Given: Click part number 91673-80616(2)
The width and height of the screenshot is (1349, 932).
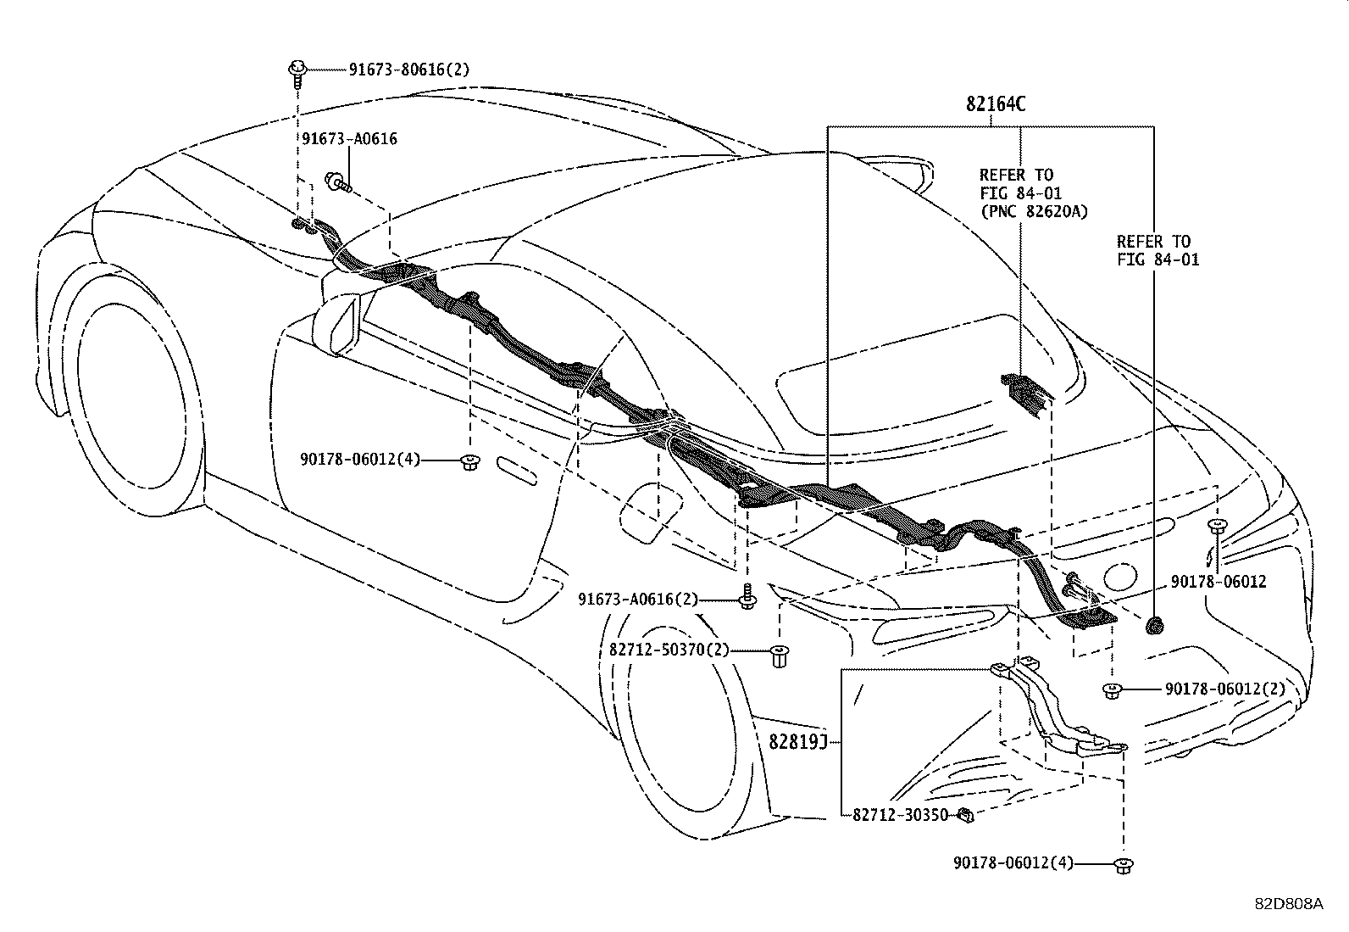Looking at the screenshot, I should coord(408,70).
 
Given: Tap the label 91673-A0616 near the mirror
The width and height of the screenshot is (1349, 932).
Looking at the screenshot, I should coord(349,139).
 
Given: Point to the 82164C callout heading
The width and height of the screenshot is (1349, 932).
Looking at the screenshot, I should coord(995,104).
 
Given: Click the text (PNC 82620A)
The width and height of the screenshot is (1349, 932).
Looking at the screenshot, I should coord(1034,212).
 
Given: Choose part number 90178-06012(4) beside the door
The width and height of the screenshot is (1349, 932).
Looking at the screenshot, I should coord(359,460).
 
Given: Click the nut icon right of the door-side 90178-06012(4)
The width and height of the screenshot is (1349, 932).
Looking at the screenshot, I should coord(468,462).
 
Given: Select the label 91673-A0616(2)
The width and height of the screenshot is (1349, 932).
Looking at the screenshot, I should coord(638,600).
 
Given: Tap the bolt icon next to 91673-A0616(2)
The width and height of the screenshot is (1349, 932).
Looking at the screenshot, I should coord(747,597).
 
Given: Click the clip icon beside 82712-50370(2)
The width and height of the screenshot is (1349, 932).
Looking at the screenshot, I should coord(779,656).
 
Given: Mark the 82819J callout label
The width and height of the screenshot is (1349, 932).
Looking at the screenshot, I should coord(797,742).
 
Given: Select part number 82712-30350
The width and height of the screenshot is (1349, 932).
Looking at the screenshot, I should coord(900,815).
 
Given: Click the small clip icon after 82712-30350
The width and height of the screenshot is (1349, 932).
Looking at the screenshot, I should coord(965,816).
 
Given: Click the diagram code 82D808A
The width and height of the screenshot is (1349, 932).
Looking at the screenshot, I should coord(1288,904).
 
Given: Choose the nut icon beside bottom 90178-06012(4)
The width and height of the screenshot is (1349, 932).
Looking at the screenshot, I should coord(1124,865).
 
